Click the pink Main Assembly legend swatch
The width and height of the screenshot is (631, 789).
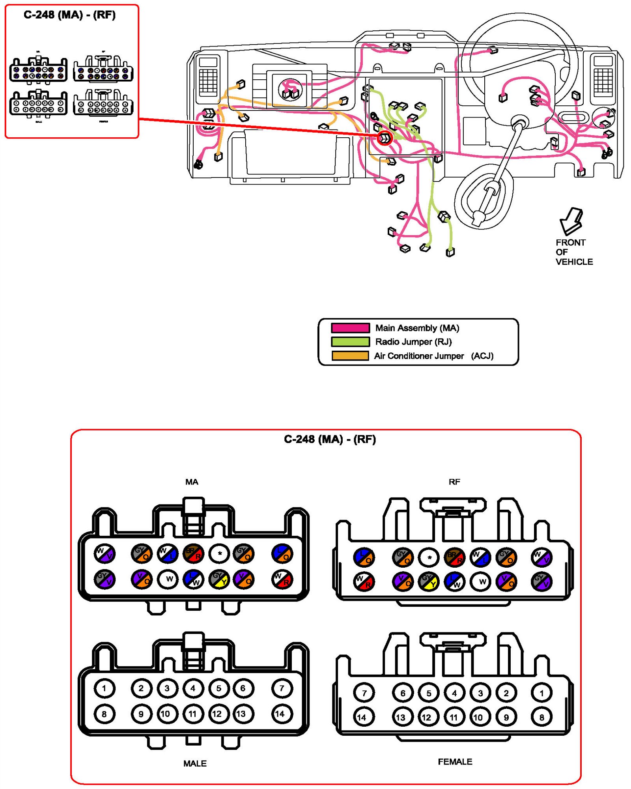tap(350, 328)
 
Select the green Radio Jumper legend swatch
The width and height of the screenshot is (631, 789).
tap(350, 342)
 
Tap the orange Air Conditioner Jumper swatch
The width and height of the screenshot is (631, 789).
tap(350, 355)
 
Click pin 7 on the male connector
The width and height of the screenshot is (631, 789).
tap(282, 688)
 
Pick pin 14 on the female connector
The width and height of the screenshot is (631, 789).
tap(362, 717)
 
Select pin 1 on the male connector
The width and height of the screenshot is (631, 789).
tap(104, 688)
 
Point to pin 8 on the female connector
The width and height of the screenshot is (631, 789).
tap(541, 717)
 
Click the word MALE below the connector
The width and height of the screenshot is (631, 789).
tap(195, 763)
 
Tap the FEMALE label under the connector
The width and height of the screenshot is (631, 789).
tap(455, 761)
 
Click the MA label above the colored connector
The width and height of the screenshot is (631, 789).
tap(192, 482)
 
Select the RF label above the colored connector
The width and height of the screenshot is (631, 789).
tap(454, 482)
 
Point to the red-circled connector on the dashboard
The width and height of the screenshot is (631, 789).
tap(385, 138)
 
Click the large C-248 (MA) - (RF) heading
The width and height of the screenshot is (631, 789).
tap(330, 439)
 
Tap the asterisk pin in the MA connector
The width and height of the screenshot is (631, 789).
tap(220, 553)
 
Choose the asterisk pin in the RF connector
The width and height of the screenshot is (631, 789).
tap(429, 557)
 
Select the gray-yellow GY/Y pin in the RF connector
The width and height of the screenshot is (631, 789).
tap(429, 581)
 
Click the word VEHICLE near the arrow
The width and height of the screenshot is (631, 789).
tap(574, 262)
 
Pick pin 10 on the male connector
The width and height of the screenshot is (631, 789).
tap(166, 714)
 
